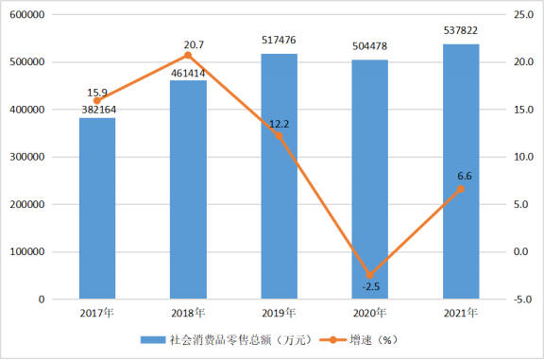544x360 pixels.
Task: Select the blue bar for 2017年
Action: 97,208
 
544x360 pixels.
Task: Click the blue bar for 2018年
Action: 188,190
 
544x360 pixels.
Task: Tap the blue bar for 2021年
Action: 461,171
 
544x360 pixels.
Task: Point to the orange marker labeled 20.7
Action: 188,55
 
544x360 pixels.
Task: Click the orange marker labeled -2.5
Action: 370,275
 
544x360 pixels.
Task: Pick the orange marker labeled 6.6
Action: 461,189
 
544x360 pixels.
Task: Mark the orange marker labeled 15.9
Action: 97,101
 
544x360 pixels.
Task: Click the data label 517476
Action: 279,40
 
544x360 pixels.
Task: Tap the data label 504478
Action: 369,46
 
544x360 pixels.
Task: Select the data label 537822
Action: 461,30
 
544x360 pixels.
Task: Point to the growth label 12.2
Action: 279,124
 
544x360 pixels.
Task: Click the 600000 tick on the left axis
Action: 27,14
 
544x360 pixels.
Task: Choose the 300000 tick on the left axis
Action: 27,157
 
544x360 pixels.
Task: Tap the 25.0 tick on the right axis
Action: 523,14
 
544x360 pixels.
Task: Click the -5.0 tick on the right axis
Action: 523,300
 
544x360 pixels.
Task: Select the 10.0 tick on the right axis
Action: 523,157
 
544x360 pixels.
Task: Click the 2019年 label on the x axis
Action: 279,313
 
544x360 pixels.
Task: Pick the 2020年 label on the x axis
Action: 369,313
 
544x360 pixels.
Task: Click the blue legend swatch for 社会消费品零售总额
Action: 153,340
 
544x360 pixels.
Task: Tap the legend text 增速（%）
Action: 374,340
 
